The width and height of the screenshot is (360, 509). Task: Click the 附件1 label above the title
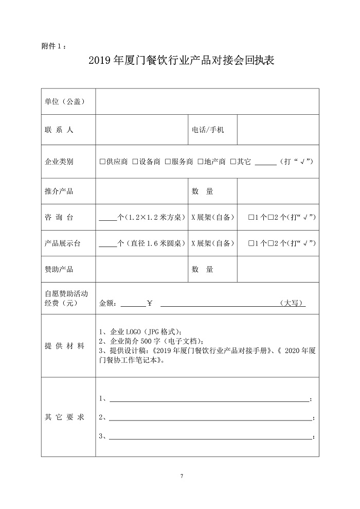53,46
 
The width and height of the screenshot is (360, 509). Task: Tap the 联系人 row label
59,130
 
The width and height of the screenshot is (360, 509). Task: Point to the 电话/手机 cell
208,130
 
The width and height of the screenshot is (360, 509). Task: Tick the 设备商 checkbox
135,162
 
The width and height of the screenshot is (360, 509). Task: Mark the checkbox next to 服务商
168,162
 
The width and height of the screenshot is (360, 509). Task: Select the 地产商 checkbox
201,162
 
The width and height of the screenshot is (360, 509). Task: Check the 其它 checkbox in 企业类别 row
233,162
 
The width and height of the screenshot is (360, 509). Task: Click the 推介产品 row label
59,191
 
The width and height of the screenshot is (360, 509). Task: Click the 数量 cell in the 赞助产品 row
203,269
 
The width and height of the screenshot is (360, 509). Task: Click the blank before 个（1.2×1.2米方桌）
107,217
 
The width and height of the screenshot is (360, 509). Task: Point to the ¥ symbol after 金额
150,303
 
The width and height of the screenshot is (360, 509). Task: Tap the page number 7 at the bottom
181,475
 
